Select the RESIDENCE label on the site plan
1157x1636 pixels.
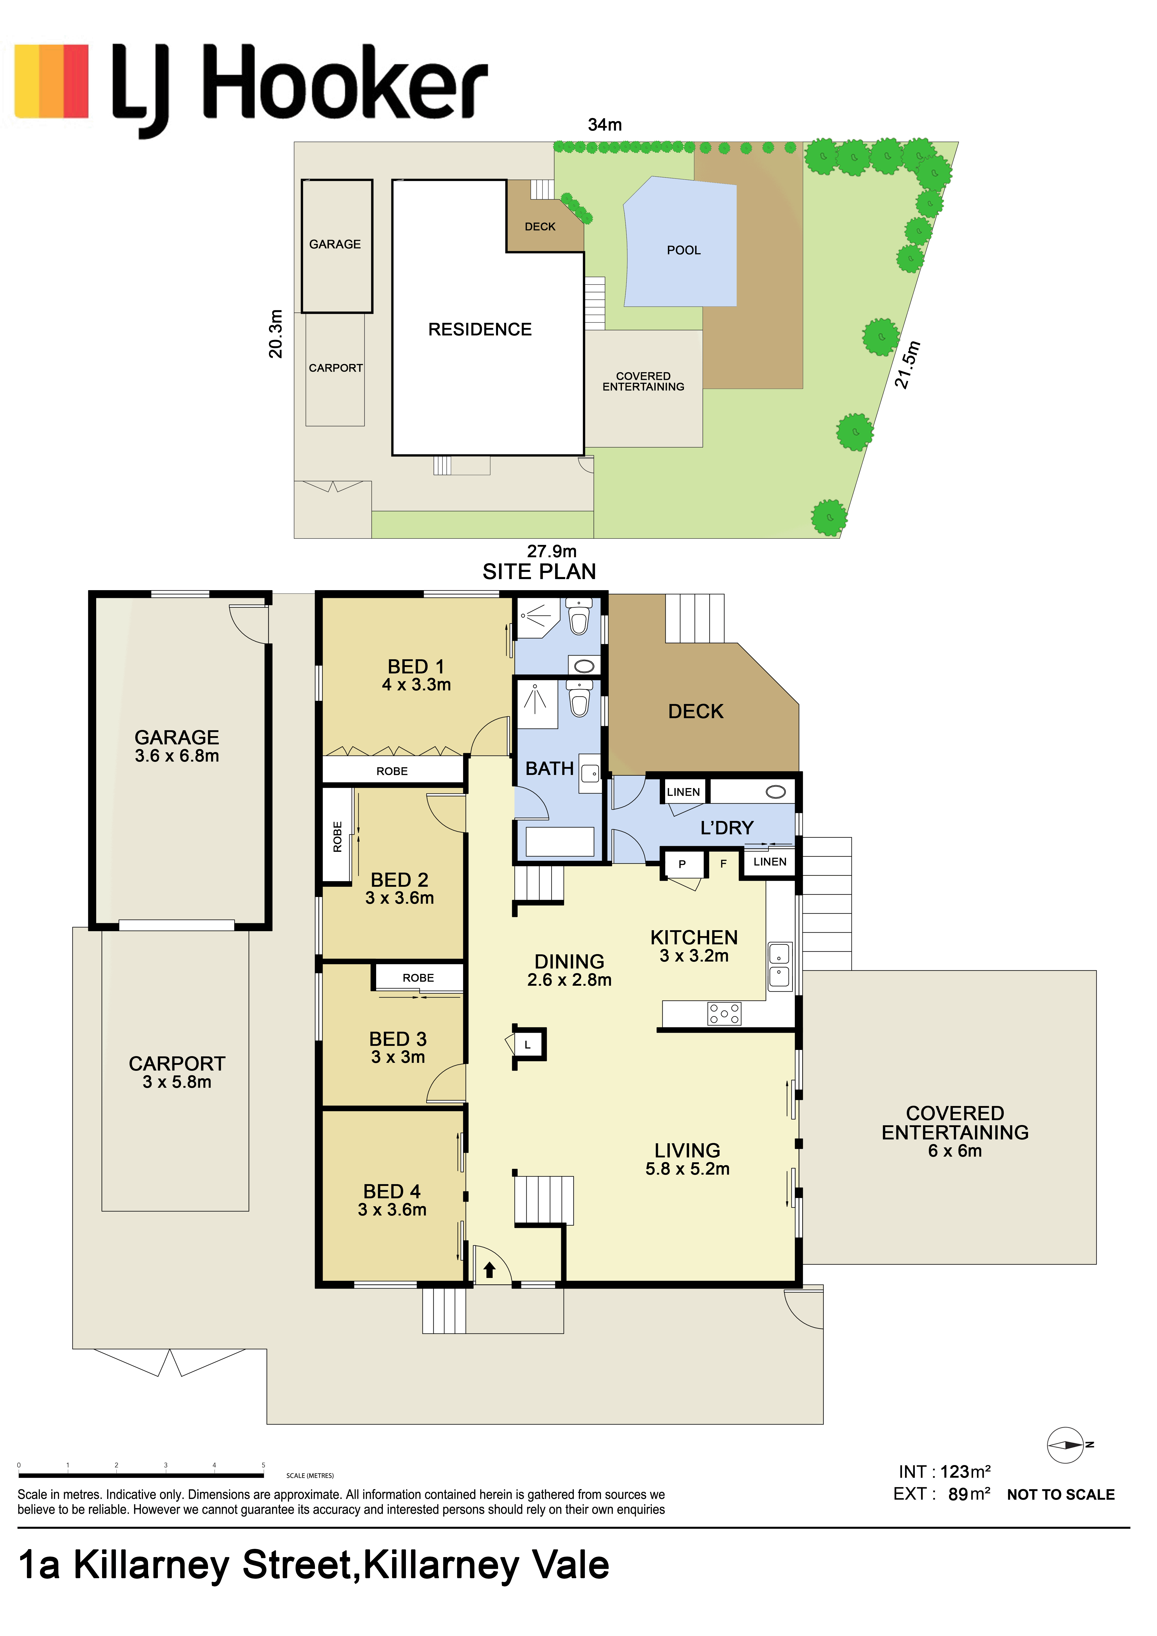pos(480,329)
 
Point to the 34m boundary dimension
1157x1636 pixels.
pos(604,125)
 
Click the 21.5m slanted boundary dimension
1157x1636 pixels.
pos(908,365)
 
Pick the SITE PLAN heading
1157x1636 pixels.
pos(539,571)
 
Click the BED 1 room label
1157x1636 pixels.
pos(415,666)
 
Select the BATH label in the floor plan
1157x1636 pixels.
pos(550,768)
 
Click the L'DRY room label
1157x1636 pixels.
pos(726,827)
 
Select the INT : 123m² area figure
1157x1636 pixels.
pos(945,1472)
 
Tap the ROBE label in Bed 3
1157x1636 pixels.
pos(418,977)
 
